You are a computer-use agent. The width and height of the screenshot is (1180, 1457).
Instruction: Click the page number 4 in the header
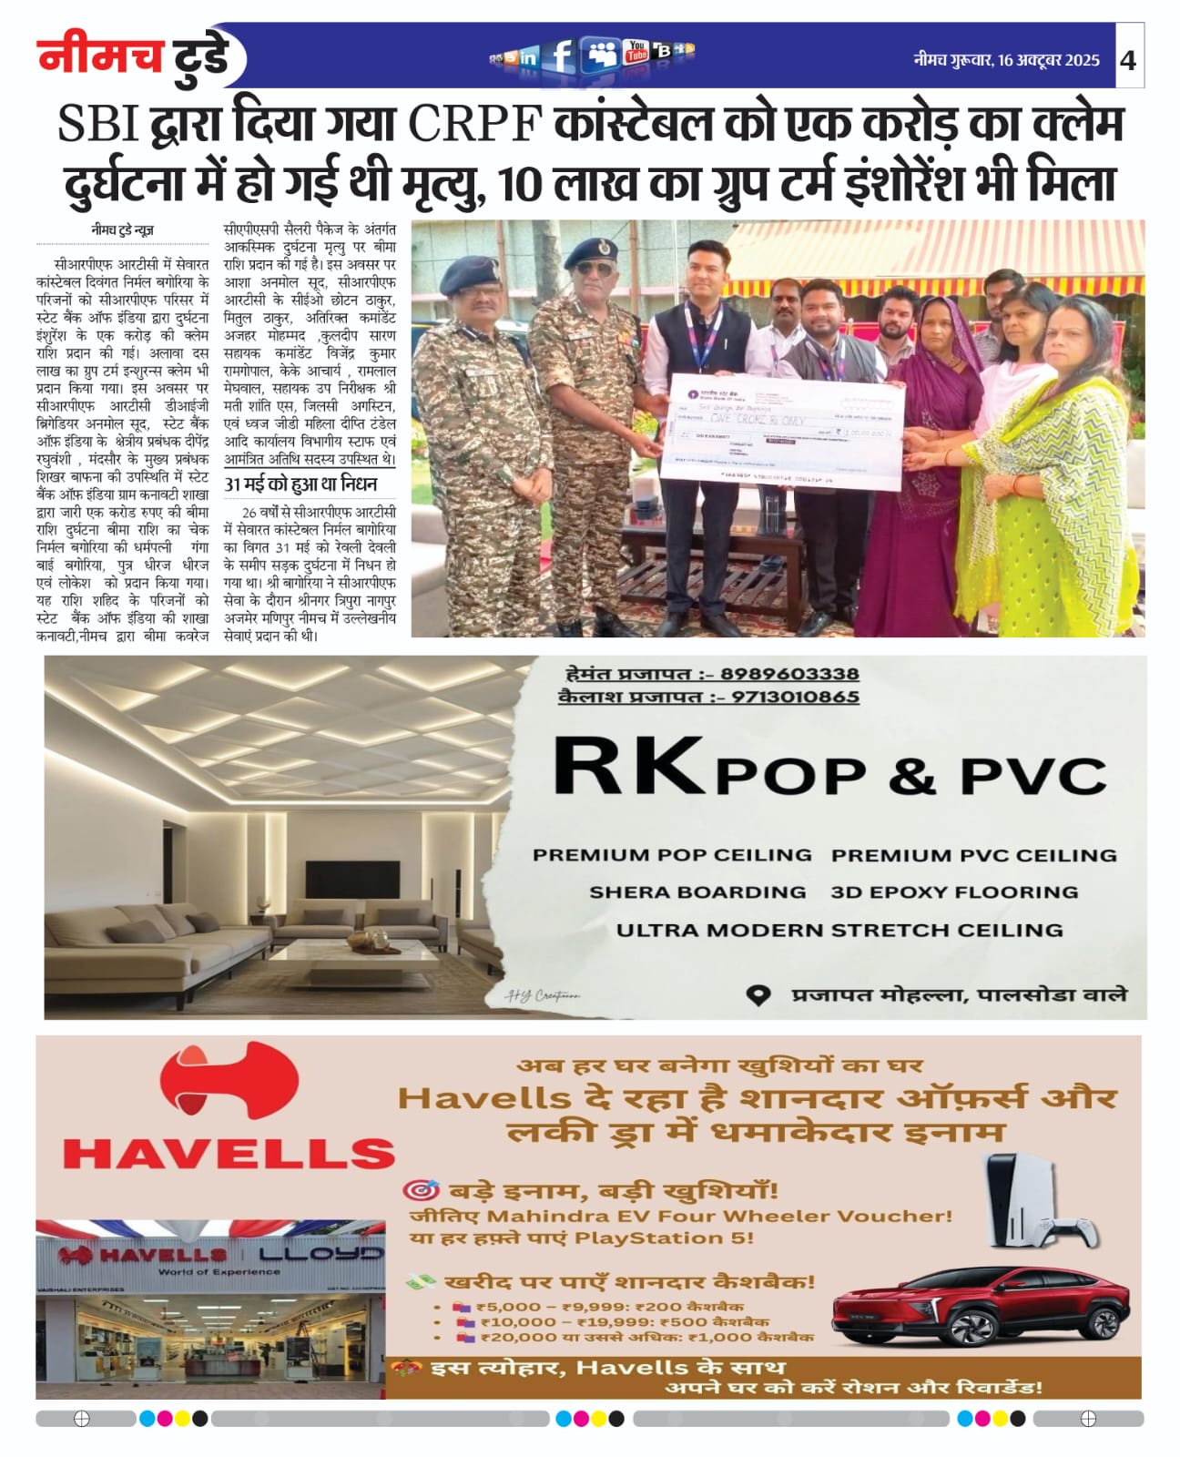pyautogui.click(x=1129, y=60)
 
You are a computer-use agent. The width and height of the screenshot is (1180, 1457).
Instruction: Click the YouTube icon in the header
pyautogui.click(x=636, y=52)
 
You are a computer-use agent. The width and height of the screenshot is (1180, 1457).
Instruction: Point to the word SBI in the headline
pyautogui.click(x=97, y=125)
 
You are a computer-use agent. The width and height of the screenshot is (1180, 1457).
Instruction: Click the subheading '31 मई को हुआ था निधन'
pyautogui.click(x=300, y=484)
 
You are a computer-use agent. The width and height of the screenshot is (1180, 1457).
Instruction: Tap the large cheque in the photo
pyautogui.click(x=786, y=429)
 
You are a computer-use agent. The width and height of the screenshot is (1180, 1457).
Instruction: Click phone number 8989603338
pyautogui.click(x=789, y=674)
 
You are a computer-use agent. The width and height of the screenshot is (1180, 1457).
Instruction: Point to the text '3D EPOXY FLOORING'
pyautogui.click(x=954, y=892)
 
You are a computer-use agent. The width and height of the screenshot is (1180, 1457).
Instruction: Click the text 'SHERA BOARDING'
pyautogui.click(x=697, y=892)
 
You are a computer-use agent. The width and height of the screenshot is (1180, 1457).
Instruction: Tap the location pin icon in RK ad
pyautogui.click(x=758, y=994)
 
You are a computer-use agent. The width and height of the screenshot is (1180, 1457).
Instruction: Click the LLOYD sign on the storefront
pyautogui.click(x=320, y=1254)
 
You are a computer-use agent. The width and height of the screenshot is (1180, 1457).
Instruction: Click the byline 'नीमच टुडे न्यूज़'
pyautogui.click(x=122, y=230)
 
